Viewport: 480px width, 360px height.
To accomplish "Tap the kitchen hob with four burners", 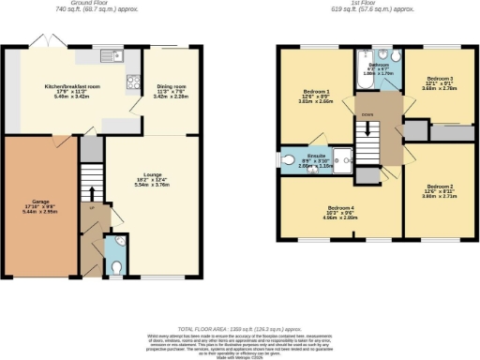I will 132,81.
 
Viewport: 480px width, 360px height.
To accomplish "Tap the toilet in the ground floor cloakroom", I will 115,266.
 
